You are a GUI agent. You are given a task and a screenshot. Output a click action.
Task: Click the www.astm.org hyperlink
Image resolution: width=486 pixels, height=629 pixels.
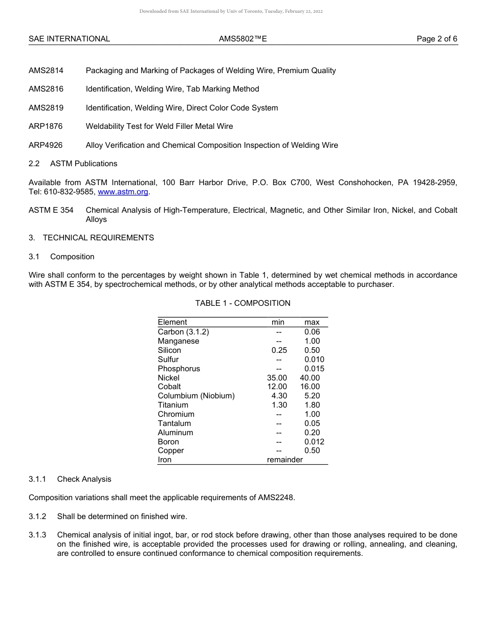click(x=123, y=192)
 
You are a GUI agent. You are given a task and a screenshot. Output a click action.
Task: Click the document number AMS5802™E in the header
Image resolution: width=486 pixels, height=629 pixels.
click(x=242, y=39)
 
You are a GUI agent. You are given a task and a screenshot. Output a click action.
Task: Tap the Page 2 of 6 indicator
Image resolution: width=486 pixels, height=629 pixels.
click(x=437, y=39)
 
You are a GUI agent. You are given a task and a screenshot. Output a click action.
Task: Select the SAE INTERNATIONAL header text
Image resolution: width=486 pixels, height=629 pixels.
click(x=69, y=39)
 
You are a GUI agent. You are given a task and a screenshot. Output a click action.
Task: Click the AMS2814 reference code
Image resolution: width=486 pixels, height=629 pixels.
click(x=46, y=71)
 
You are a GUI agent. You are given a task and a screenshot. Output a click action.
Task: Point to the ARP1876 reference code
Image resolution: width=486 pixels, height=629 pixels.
click(x=46, y=126)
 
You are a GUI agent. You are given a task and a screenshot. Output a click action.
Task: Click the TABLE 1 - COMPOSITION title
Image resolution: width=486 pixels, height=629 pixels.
click(x=242, y=303)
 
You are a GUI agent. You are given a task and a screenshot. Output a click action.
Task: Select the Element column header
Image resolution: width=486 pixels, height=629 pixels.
click(x=172, y=322)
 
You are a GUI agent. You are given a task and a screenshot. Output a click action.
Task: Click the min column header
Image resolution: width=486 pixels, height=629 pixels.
click(x=278, y=322)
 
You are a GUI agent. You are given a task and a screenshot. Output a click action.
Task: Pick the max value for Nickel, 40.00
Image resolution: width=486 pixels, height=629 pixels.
click(x=310, y=378)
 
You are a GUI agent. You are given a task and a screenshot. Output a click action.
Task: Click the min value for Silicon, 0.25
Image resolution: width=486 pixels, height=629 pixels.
click(x=279, y=350)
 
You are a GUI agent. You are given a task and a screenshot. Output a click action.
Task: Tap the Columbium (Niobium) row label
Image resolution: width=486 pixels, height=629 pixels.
click(x=196, y=396)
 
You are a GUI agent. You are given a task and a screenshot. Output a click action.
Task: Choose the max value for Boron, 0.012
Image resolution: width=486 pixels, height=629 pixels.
click(x=314, y=442)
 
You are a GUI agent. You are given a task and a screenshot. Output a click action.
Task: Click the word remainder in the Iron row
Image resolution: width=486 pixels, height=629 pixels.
click(x=285, y=460)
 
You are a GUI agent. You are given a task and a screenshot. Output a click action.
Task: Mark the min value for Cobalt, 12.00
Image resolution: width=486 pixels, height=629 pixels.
click(x=277, y=387)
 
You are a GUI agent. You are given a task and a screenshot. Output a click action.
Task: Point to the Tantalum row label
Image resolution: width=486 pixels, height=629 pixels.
click(x=174, y=423)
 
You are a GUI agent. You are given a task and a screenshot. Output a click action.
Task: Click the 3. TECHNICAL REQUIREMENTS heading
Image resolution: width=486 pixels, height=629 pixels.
click(x=91, y=238)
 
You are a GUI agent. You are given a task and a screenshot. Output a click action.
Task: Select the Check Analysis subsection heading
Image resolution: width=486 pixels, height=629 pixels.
click(x=84, y=479)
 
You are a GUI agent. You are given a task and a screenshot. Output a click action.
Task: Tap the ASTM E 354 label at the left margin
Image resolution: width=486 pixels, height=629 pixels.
click(x=51, y=210)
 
